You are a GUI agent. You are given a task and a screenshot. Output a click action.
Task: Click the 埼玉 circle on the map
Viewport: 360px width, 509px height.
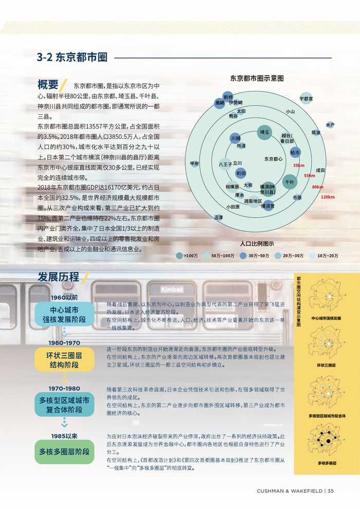click(265, 132)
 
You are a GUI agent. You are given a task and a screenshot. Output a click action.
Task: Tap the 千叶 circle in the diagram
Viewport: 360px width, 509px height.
click(289, 182)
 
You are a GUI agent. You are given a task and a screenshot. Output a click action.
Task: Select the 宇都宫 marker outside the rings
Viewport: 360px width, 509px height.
click(306, 98)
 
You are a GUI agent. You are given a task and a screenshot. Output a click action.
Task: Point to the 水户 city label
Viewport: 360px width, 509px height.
click(330, 125)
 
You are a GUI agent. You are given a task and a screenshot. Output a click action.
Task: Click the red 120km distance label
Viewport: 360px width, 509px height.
click(328, 197)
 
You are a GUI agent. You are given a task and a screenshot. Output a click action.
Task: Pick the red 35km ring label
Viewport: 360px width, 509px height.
click(299, 166)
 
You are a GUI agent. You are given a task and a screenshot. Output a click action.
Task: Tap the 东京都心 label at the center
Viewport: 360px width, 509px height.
click(273, 159)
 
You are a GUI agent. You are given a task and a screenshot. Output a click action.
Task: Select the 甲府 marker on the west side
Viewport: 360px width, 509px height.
click(194, 164)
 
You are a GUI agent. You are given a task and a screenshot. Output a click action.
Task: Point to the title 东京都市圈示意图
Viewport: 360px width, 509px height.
click(257, 79)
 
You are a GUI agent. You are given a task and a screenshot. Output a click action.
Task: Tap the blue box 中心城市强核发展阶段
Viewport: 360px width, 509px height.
click(64, 315)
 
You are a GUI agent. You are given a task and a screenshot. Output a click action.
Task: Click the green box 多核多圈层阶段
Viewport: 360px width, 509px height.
click(64, 452)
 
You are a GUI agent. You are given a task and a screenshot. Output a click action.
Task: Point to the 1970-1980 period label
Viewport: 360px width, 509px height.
click(64, 389)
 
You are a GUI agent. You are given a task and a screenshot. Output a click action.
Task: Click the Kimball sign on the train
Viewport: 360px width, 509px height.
click(172, 289)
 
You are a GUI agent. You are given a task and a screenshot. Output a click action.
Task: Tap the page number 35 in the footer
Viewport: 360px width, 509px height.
click(331, 491)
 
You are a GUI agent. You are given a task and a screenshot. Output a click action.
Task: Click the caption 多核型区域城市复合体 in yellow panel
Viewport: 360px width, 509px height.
click(327, 415)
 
